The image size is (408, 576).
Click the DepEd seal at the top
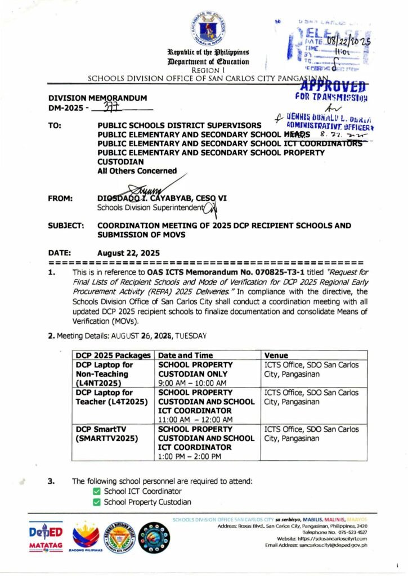(208, 28)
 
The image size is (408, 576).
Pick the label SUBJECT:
(66, 226)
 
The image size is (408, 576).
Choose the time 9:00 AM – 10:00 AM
(192, 381)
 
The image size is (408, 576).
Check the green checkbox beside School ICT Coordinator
(97, 492)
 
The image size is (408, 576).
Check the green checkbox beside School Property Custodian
(97, 502)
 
